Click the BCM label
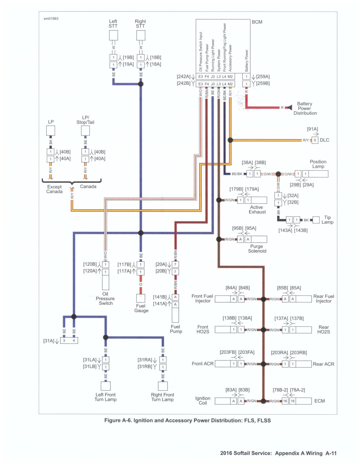257,22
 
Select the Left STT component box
113,35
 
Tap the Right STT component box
141,35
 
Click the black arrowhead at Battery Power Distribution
289,107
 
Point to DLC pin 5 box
315,140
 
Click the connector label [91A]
312,129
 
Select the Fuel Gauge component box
141,298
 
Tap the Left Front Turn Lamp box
106,386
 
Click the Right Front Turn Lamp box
163,386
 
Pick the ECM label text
319,401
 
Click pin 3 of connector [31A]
64,340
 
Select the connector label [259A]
263,77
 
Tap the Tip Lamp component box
316,220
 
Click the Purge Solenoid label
257,249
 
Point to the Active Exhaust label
257,209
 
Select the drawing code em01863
51,19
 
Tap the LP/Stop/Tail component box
85,130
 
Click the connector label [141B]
160,297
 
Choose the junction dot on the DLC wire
230,140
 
